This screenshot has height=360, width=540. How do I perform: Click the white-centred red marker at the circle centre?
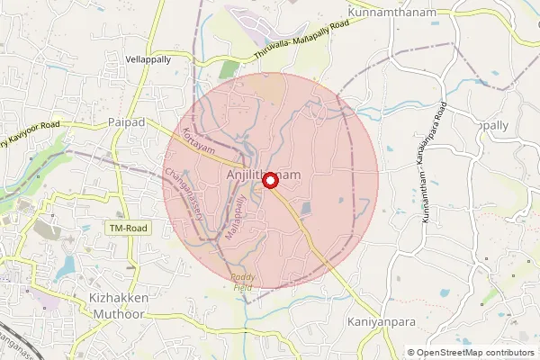268,181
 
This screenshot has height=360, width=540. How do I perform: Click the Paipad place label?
125,121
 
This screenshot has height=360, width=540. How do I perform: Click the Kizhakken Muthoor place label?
124,305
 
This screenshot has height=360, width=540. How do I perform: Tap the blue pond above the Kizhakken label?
64,266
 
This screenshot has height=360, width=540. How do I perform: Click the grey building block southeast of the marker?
306,209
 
